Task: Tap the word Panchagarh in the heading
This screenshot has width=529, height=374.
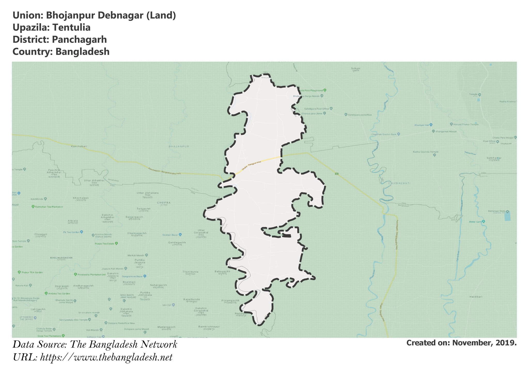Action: (79, 40)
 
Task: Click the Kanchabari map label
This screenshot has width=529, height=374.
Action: (79, 146)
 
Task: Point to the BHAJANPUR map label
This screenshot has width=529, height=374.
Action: (179, 146)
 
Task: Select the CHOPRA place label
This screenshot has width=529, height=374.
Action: (164, 203)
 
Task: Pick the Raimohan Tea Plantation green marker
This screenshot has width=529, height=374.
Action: (33, 207)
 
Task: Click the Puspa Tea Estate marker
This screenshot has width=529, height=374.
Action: (116, 243)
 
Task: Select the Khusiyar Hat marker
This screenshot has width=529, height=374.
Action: (431, 125)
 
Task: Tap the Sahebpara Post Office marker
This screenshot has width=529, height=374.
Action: (331, 109)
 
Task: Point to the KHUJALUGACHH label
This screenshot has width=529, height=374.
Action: (61, 258)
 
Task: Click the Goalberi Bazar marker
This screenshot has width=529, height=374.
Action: (180, 235)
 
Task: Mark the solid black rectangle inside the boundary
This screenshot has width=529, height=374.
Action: (286, 236)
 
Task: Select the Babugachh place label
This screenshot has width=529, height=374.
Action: (222, 271)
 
